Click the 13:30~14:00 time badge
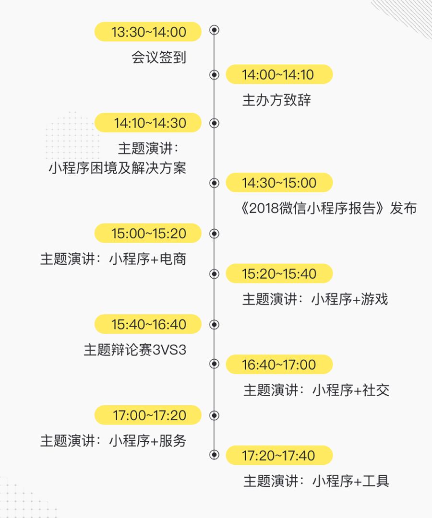[148, 32]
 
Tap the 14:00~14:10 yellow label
[278, 75]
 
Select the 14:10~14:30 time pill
[148, 123]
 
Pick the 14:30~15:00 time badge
[278, 183]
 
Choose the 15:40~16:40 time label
[148, 325]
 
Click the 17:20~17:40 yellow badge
[278, 456]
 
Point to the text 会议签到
[158, 58]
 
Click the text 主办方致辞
[277, 100]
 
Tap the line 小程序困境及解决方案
[117, 168]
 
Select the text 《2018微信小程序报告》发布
[329, 208]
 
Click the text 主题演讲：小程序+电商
[113, 259]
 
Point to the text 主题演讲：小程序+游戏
[315, 299]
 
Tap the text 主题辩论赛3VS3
[135, 350]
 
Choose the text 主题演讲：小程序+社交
[316, 390]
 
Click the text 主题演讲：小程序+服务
[113, 441]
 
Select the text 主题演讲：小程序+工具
[316, 481]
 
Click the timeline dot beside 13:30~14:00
[215, 30]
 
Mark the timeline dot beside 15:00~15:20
[215, 234]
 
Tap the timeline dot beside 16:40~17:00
[215, 365]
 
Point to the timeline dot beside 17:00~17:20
[215, 415]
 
